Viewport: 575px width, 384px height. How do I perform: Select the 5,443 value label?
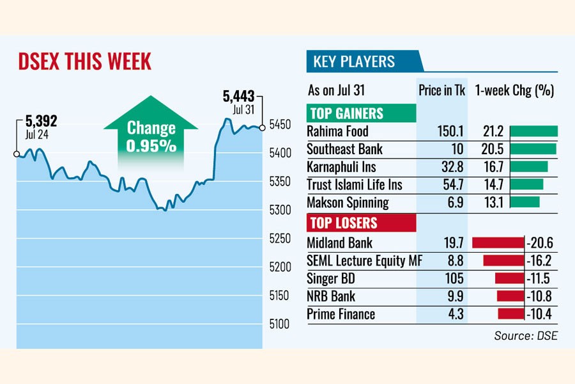[x=238, y=97]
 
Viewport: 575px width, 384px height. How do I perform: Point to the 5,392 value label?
[x=42, y=120]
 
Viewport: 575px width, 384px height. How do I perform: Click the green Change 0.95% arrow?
[x=150, y=135]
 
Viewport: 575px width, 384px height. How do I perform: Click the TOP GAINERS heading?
[x=346, y=114]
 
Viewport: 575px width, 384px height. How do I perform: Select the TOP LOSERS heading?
[x=343, y=223]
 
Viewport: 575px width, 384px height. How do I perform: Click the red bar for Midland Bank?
[x=497, y=243]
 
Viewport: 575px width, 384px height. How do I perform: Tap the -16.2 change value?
[x=540, y=261]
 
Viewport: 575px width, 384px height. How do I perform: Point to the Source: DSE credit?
[x=525, y=335]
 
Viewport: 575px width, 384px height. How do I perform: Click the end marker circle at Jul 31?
[x=263, y=128]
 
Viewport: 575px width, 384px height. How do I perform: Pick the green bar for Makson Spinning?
[x=525, y=202]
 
